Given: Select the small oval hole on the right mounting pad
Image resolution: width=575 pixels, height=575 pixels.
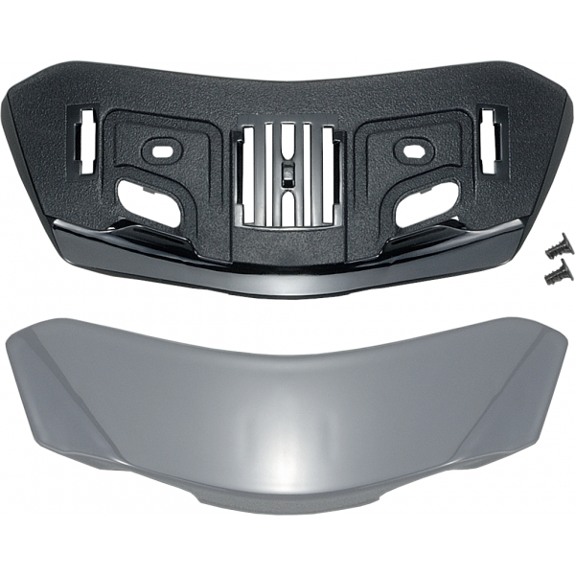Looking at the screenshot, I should pos(415,150).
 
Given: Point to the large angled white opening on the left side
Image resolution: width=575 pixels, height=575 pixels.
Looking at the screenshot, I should pos(152,203).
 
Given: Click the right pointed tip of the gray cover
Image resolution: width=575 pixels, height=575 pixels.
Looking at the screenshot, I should pos(567,330).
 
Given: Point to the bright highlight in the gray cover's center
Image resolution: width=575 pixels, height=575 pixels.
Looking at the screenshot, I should pos(287,447).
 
